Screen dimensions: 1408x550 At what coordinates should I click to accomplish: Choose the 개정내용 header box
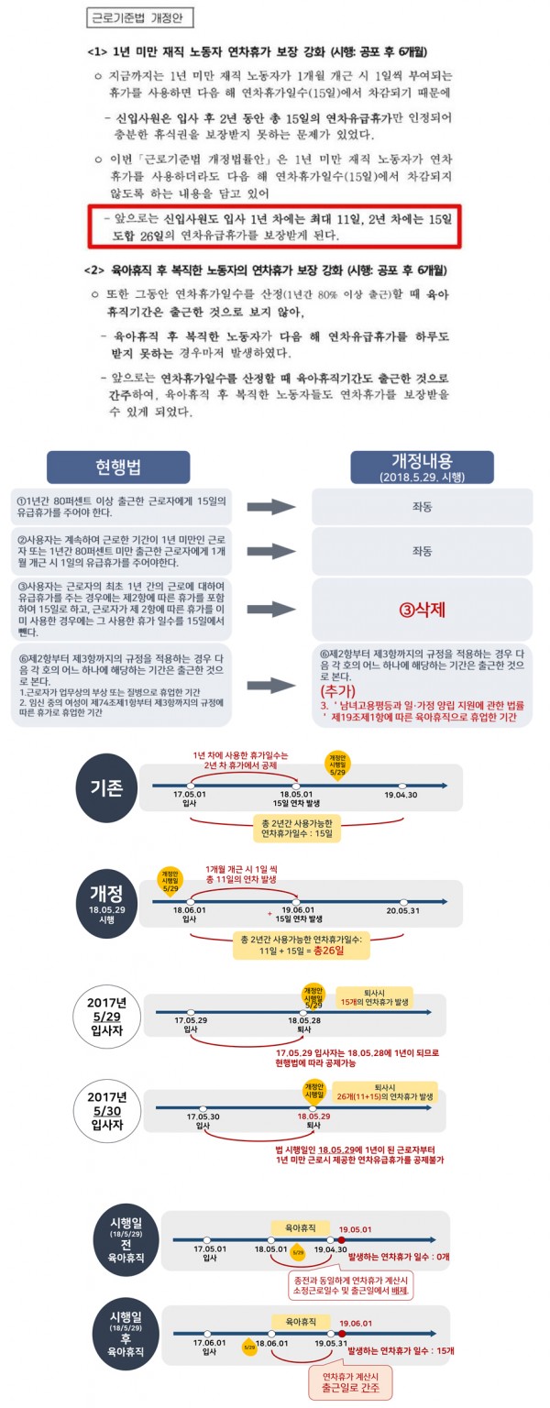tap(422, 467)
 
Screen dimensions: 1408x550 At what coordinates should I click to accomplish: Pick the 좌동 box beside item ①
tap(422, 507)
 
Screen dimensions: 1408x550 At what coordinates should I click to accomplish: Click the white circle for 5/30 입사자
tap(109, 1119)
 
